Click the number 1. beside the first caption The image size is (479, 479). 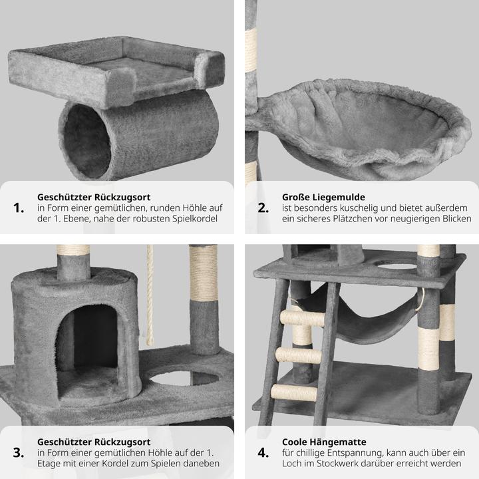19,208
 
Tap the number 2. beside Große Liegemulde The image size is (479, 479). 263,208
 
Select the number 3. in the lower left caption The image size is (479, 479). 19,453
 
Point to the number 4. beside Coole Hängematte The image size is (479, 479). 263,453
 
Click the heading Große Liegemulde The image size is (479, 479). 323,198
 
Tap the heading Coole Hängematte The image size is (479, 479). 324,442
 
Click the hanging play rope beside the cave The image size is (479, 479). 150,295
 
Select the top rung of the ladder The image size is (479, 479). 303,318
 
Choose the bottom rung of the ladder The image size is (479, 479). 294,393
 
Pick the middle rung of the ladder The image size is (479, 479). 299,355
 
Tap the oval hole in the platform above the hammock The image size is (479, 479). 397,266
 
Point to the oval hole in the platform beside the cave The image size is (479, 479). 184,378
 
